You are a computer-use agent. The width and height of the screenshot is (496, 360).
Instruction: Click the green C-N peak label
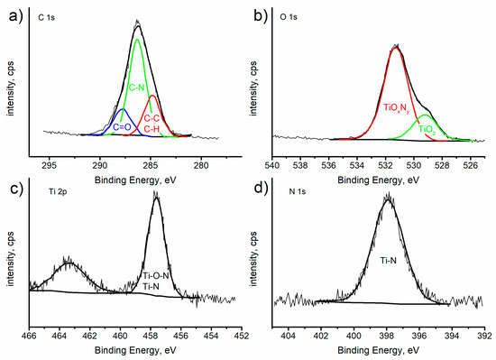(x=137, y=88)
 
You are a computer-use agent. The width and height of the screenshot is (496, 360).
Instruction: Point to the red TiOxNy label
(x=399, y=107)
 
